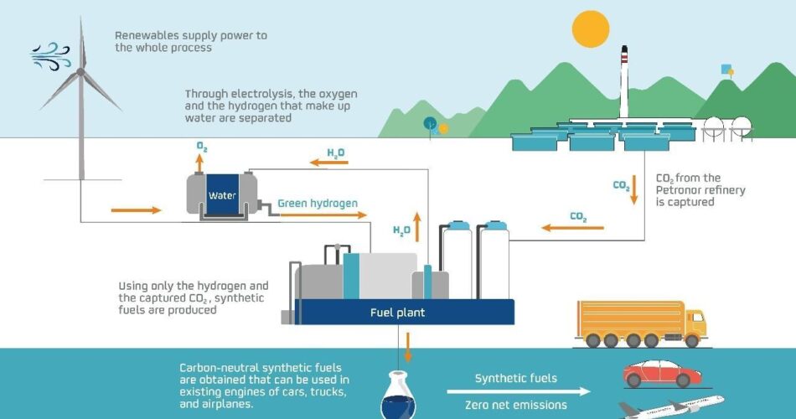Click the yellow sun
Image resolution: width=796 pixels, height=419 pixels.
[591, 28]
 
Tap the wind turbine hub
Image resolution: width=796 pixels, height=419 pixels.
[80, 73]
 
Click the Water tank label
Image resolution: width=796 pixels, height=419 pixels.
[223, 196]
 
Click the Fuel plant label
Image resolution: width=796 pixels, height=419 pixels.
[397, 313]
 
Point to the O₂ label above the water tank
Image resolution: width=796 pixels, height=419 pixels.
[202, 147]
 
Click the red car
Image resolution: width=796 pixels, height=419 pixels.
[656, 373]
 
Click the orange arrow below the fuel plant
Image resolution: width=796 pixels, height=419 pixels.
[408, 344]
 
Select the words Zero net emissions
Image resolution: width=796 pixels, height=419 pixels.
[520, 406]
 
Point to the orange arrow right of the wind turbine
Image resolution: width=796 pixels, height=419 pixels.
[135, 209]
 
